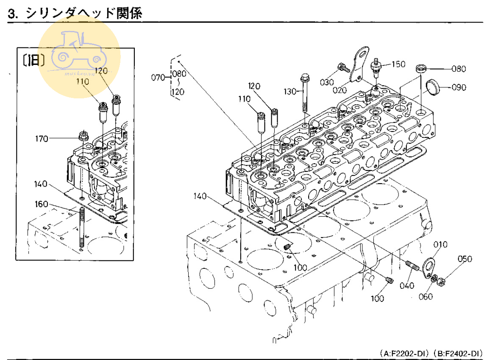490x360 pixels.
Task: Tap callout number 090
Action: pyautogui.click(x=459, y=88)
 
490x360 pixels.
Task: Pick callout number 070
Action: pyautogui.click(x=158, y=77)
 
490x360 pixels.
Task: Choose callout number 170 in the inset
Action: pyautogui.click(x=42, y=138)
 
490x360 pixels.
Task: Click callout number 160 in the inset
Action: pyautogui.click(x=42, y=204)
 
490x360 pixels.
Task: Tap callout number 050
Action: pyautogui.click(x=464, y=259)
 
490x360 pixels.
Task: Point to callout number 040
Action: pyautogui.click(x=406, y=286)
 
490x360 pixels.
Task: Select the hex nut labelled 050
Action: pyautogui.click(x=440, y=281)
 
